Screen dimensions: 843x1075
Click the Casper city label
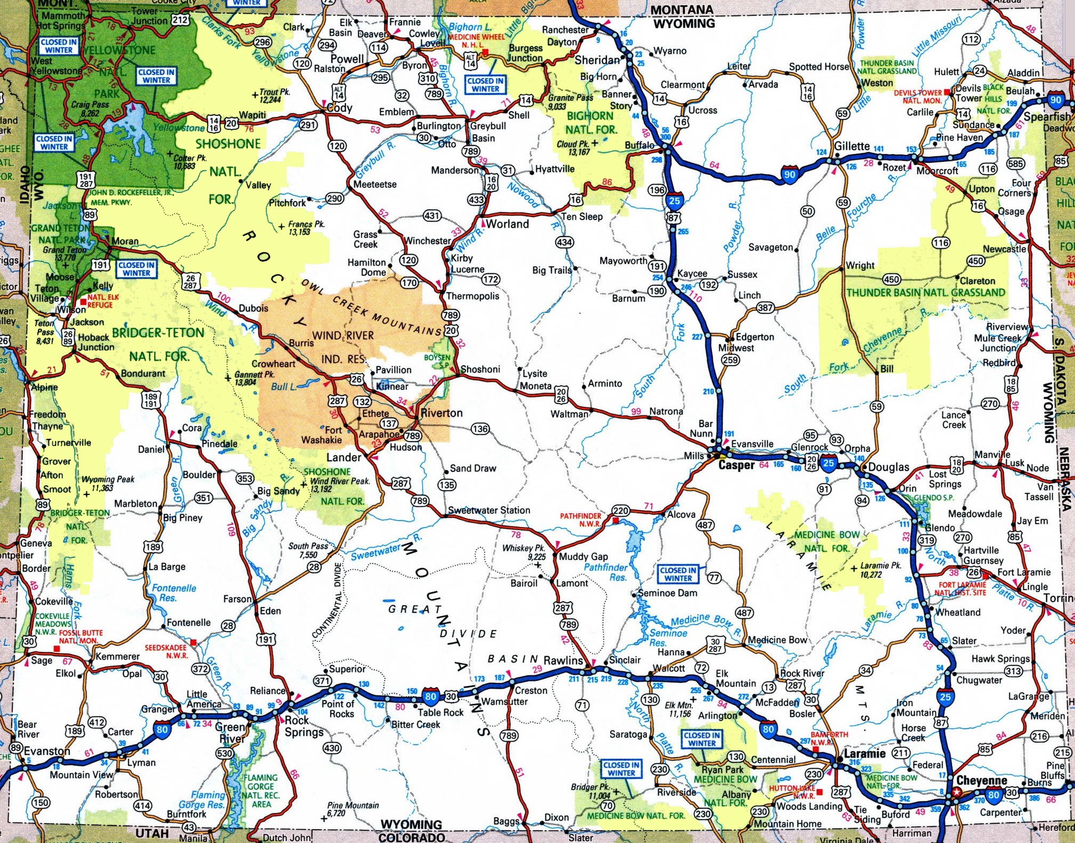tap(736, 464)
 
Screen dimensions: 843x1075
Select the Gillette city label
tap(852, 146)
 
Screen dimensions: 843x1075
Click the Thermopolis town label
tap(472, 296)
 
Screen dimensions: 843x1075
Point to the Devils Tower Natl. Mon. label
tap(918, 97)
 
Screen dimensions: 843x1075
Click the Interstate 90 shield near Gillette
tap(789, 174)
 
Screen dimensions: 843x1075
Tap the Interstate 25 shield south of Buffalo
tap(674, 200)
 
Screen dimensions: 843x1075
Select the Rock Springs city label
tap(304, 726)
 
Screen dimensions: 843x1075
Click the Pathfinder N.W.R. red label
tap(580, 520)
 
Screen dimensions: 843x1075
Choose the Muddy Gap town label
tap(583, 556)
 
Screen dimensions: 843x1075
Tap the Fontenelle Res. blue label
tap(174, 593)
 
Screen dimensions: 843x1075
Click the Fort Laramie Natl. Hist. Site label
tap(962, 589)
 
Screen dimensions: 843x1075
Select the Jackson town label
tap(86, 322)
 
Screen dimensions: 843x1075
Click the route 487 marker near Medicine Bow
tap(744, 613)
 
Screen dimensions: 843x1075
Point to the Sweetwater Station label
tap(489, 510)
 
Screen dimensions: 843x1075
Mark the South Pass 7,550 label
tap(308, 550)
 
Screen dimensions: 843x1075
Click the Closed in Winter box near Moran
tap(136, 269)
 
